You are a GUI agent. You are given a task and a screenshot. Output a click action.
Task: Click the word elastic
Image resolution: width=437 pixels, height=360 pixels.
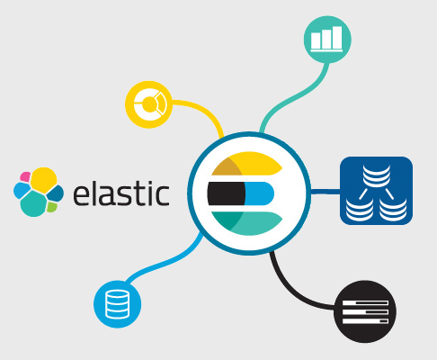click(121, 193)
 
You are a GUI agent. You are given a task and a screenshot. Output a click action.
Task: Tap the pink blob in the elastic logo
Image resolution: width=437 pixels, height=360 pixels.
click(25, 176)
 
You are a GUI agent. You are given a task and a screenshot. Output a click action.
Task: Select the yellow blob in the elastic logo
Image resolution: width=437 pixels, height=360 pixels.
click(44, 180)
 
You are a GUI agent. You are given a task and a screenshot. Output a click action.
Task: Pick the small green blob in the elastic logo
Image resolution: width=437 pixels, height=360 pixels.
click(52, 207)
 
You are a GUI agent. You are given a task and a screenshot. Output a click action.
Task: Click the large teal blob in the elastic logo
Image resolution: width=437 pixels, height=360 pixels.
click(33, 204)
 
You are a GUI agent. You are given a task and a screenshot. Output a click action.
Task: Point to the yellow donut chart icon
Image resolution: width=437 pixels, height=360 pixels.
click(148, 104)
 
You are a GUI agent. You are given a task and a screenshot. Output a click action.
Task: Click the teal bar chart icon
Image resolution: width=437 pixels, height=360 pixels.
click(327, 40)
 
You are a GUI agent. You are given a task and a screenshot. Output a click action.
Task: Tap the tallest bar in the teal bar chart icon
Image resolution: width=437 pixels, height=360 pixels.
click(337, 38)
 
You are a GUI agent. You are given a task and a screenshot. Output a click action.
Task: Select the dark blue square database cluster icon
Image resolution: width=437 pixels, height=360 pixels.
click(376, 191)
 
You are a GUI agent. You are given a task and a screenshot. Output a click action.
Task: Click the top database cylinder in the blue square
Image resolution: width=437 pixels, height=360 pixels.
click(377, 175)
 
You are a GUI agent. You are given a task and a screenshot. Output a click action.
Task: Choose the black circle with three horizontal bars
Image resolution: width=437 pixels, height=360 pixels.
click(365, 311)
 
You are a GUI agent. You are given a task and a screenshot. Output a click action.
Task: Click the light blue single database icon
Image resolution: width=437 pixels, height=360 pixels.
click(118, 304)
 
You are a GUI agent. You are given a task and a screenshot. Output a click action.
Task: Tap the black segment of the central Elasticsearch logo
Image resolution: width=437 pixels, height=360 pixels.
click(227, 193)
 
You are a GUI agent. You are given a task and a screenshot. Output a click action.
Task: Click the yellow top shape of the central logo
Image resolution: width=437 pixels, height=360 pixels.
click(247, 164)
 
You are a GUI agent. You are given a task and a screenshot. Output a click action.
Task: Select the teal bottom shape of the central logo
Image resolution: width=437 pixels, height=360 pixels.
click(247, 223)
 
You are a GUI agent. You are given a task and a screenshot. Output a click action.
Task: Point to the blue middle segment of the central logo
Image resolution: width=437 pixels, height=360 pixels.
click(260, 193)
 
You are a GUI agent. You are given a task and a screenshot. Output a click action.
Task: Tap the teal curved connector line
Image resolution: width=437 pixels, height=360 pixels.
click(295, 97)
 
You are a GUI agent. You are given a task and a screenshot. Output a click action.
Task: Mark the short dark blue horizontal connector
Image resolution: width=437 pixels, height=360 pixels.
click(326, 192)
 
